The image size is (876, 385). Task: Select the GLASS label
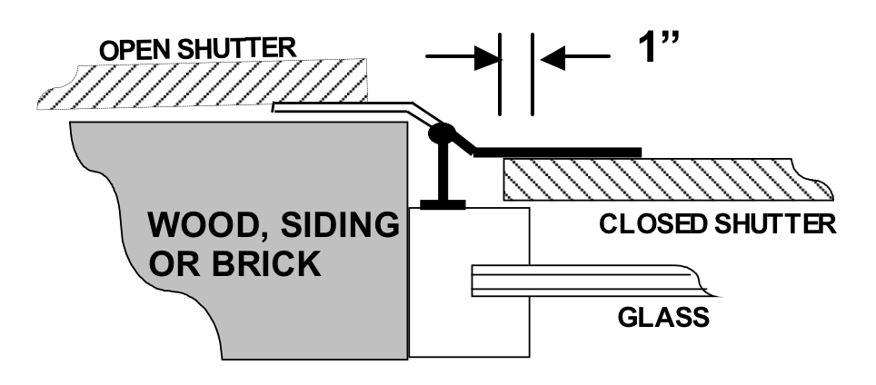pyautogui.click(x=663, y=318)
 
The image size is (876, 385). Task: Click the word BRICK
pyautogui.click(x=267, y=263)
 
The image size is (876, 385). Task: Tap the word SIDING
pyautogui.click(x=340, y=224)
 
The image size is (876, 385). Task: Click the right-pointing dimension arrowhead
pyautogui.click(x=486, y=57)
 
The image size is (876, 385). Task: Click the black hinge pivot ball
pyautogui.click(x=442, y=133)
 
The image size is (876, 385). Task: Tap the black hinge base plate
pyautogui.click(x=443, y=205)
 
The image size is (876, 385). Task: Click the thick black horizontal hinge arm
pyautogui.click(x=558, y=153)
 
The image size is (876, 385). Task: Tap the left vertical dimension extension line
pyautogui.click(x=500, y=74)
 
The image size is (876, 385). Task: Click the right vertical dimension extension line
pyautogui.click(x=533, y=74)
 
